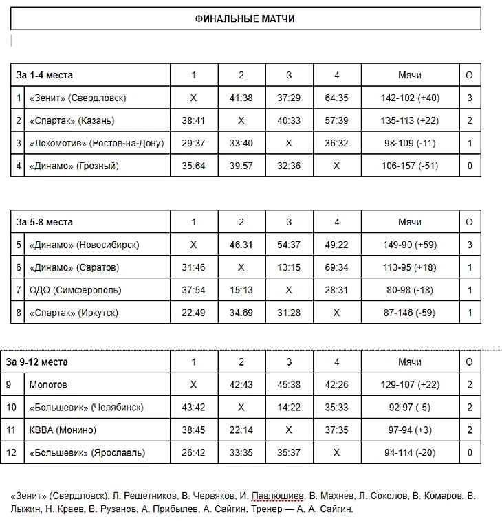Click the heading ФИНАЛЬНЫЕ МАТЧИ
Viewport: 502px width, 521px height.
245,19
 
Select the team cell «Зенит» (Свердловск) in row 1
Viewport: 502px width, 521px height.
78,98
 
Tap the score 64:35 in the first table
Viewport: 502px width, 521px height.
336,98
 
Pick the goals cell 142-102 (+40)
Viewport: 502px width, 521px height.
410,98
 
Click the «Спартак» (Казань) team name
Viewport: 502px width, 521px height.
72,121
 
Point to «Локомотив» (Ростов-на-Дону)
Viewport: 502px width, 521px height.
96,143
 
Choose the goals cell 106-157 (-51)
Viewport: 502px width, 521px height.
410,166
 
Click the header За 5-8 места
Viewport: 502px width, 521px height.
45,223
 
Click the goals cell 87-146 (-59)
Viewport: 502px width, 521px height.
410,313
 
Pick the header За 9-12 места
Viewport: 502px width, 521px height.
37,362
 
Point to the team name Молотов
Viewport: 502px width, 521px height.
48,385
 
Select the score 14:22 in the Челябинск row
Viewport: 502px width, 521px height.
289,408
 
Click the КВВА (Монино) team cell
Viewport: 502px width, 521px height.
63,430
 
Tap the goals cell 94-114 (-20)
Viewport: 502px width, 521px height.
410,453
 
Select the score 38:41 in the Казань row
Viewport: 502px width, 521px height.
193,121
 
